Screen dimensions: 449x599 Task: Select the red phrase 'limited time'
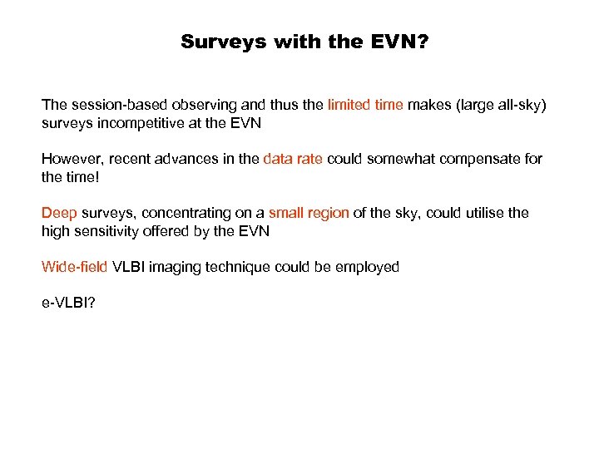click(x=365, y=105)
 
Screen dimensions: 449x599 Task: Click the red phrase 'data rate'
click(x=293, y=159)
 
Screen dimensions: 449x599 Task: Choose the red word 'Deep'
click(x=59, y=213)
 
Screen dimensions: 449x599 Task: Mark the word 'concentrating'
click(x=176, y=213)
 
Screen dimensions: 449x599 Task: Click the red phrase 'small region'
click(x=309, y=213)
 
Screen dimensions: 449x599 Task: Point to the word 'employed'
click(x=369, y=267)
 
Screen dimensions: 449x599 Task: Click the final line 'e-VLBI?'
click(x=68, y=304)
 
